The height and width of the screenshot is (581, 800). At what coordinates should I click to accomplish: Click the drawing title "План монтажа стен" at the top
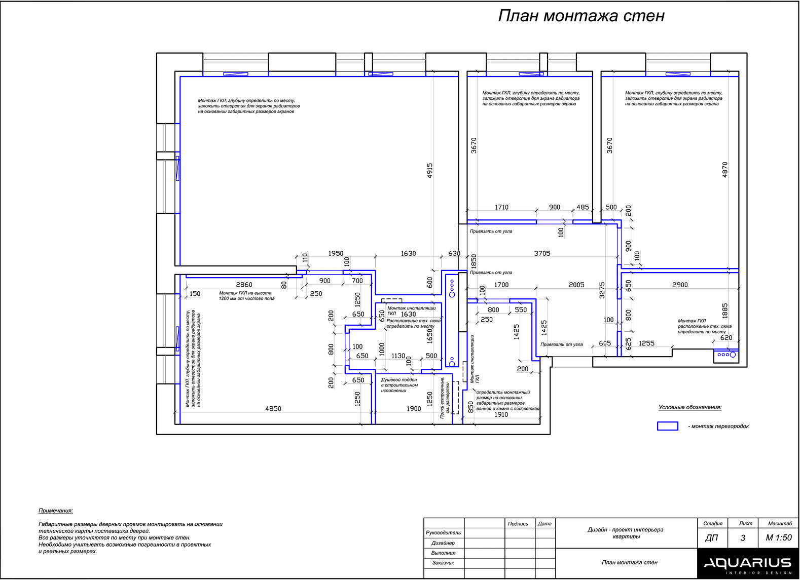click(581, 16)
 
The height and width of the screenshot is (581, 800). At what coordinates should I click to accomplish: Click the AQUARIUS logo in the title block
click(747, 563)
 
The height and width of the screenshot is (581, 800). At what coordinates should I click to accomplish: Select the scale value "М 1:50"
click(778, 538)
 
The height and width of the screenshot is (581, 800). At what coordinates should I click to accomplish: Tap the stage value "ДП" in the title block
click(711, 538)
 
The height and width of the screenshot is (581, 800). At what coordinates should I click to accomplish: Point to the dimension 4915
click(429, 170)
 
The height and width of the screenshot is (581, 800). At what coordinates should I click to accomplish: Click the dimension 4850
click(273, 409)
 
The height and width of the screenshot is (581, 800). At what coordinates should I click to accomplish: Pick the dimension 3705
click(541, 253)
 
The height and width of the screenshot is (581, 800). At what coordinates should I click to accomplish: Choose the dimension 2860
click(244, 285)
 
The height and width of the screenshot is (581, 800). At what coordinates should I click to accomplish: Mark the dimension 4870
click(724, 169)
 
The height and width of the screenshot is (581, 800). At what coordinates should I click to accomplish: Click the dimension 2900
click(680, 285)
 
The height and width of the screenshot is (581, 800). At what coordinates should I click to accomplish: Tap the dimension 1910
click(501, 414)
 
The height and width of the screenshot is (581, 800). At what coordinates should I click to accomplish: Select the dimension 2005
click(576, 285)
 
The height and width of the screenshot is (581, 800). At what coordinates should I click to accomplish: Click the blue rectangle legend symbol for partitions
click(667, 426)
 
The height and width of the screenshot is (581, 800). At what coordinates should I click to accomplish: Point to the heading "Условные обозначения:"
click(689, 407)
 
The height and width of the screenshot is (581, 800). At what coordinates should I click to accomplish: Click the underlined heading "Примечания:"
click(56, 511)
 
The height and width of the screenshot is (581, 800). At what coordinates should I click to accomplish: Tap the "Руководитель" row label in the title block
click(443, 533)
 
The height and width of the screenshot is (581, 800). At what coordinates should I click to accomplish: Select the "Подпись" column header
click(518, 524)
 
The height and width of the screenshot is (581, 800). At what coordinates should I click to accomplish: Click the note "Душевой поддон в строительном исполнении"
click(399, 385)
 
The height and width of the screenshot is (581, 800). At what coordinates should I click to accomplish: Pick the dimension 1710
click(501, 207)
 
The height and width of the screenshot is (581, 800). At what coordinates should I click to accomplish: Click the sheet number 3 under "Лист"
click(743, 538)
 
